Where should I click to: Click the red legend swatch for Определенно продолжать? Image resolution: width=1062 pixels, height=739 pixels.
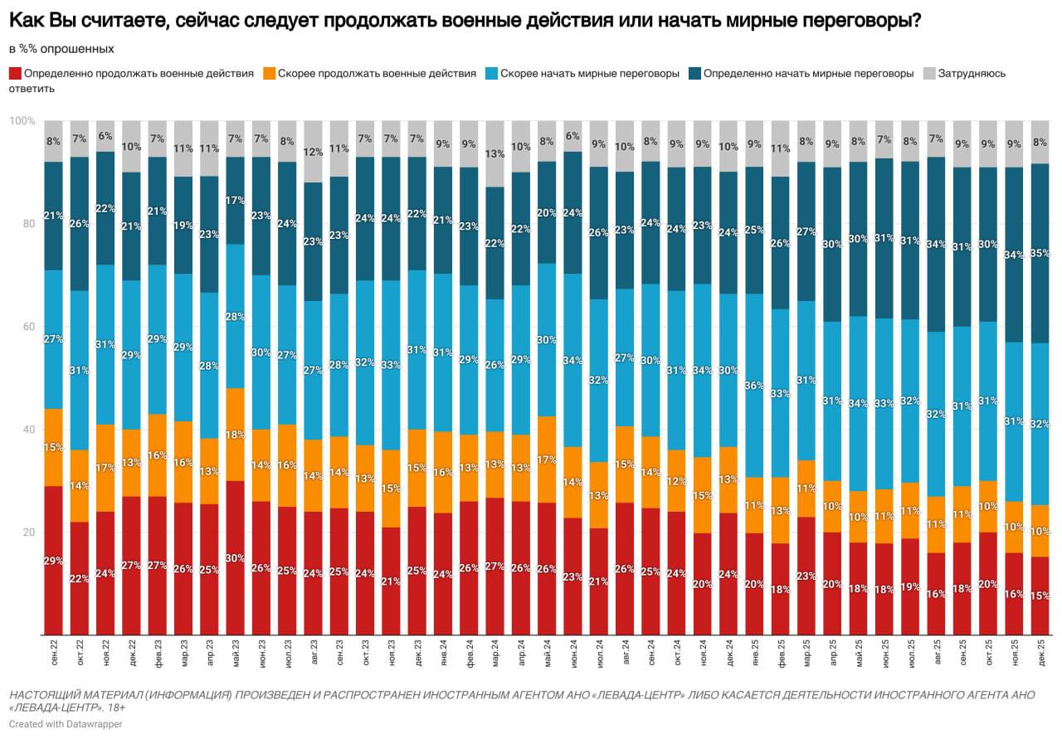click(15, 73)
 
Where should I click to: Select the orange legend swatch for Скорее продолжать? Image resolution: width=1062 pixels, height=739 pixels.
click(268, 73)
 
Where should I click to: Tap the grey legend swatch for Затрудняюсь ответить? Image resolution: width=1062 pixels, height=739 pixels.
click(929, 73)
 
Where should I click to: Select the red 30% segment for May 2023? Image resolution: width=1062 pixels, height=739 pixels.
click(236, 557)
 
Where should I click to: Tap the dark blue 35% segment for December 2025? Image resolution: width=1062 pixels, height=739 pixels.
click(1040, 253)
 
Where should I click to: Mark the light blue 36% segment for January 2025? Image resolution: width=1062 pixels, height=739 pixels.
click(755, 386)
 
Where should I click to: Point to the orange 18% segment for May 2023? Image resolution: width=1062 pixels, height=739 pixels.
click(236, 435)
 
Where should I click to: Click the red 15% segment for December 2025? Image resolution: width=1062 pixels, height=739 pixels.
click(1040, 596)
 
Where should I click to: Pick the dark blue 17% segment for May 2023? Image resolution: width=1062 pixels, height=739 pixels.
click(236, 201)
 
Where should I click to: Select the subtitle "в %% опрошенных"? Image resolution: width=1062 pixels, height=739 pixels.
click(62, 49)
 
